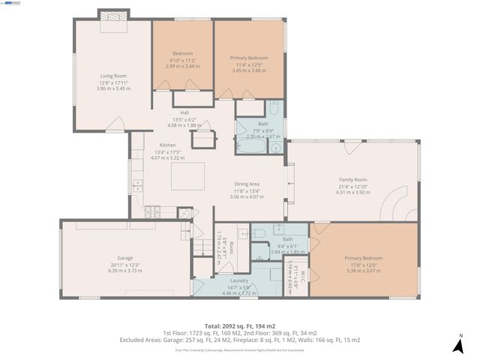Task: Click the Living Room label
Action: coord(113,76)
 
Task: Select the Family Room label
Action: coord(352,179)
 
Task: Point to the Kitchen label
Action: coord(167,145)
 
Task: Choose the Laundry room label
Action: coord(239,280)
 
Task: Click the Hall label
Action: coord(184,113)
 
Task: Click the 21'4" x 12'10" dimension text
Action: coord(352,186)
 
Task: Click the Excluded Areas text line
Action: coord(239,340)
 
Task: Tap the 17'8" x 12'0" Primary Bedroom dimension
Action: coord(363,265)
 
